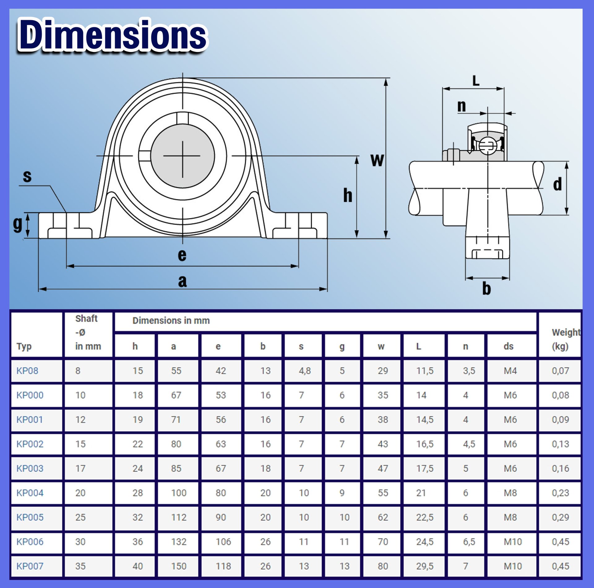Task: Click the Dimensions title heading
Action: [113, 35]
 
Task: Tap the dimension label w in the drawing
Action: [377, 160]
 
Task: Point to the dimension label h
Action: [347, 195]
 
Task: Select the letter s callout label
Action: [27, 176]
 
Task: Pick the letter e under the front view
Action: [182, 255]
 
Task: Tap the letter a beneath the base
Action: [183, 281]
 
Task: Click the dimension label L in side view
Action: [476, 81]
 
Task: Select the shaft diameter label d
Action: [557, 185]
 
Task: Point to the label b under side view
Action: [486, 289]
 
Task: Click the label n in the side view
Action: [461, 106]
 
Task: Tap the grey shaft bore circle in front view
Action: [183, 156]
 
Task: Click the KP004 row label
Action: [30, 493]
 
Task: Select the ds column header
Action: [508, 346]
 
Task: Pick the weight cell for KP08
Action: [560, 371]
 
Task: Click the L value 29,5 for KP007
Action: [425, 566]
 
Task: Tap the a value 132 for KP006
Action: [179, 542]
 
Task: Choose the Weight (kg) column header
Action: [565, 339]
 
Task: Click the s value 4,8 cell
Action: [305, 371]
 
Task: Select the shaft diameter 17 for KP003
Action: [80, 468]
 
